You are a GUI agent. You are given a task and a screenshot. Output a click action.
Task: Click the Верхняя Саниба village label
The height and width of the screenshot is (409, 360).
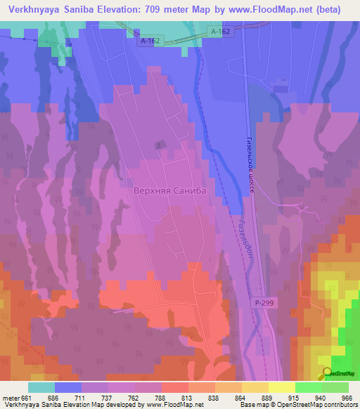(172, 190)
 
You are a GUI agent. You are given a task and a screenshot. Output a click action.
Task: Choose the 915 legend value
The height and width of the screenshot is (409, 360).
(295, 398)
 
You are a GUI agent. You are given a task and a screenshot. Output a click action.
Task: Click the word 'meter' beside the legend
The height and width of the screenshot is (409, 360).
(11, 398)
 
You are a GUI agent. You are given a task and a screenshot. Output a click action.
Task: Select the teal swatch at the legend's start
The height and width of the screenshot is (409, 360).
(41, 387)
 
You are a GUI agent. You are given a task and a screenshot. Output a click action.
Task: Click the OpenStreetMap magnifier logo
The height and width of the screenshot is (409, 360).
(327, 373)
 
